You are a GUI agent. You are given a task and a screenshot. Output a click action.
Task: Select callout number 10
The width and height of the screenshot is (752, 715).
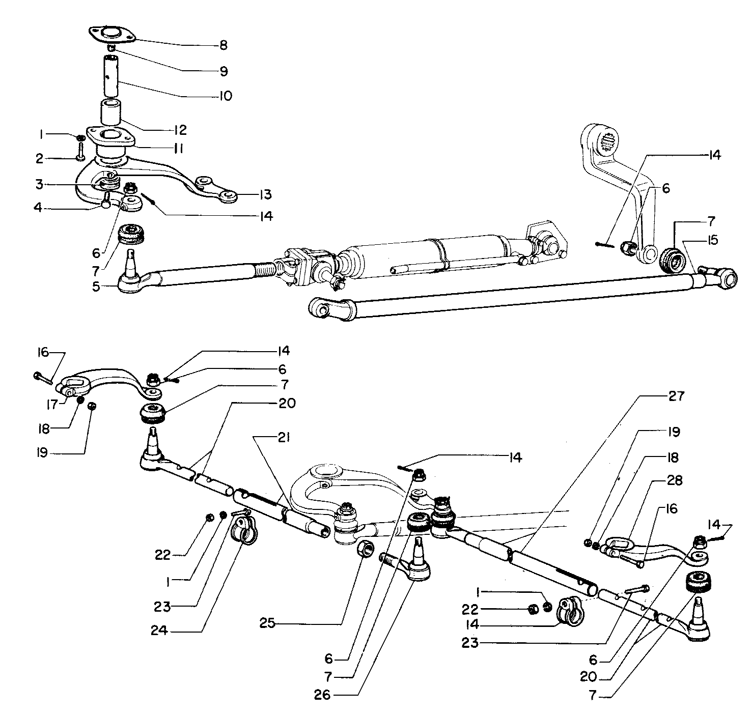point(224,96)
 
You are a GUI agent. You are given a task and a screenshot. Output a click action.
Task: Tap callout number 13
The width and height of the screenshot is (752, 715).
point(265,194)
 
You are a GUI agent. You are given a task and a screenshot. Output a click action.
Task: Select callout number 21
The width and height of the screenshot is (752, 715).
point(284,438)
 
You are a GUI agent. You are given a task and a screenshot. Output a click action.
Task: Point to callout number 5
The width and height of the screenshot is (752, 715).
point(96,287)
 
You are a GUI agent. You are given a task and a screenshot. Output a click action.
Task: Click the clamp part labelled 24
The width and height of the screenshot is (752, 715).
point(243,530)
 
